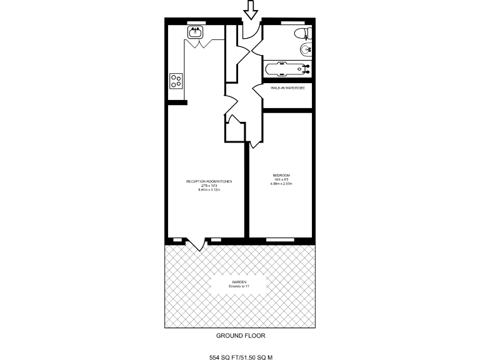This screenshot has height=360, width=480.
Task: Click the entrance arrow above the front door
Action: tap(251, 9)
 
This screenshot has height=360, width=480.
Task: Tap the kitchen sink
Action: tap(194, 33)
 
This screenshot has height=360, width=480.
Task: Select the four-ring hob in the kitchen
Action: tap(176, 80)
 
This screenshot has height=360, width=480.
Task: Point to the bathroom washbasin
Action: tap(306, 49)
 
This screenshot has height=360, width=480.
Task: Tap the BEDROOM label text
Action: tap(281, 174)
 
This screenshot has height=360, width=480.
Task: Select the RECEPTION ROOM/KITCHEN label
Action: tap(209, 181)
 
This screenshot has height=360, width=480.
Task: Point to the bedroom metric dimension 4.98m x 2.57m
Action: tap(281, 184)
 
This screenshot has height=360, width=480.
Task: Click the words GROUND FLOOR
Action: tap(241, 336)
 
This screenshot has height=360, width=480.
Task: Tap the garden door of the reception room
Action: tap(199, 244)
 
